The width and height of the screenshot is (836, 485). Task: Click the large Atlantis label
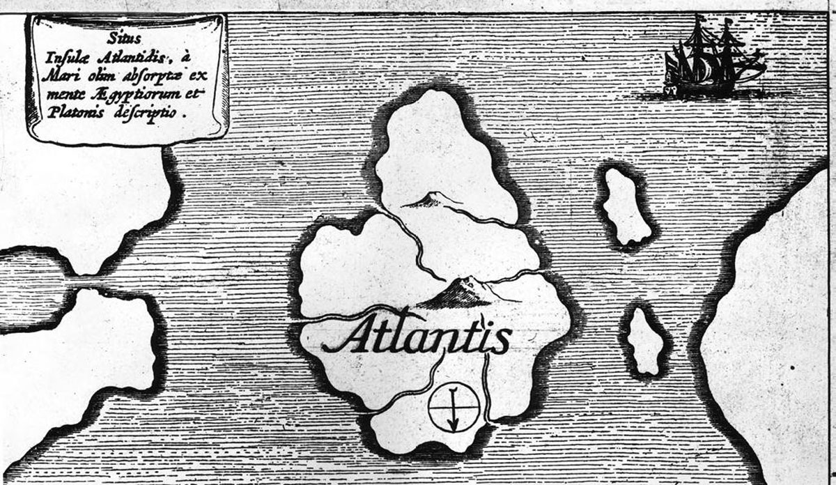coord(417,337)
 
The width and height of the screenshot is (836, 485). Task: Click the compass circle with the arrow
coord(453,406)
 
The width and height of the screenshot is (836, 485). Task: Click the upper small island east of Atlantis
coord(626,207)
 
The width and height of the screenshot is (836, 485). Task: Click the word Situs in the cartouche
coord(126,33)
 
